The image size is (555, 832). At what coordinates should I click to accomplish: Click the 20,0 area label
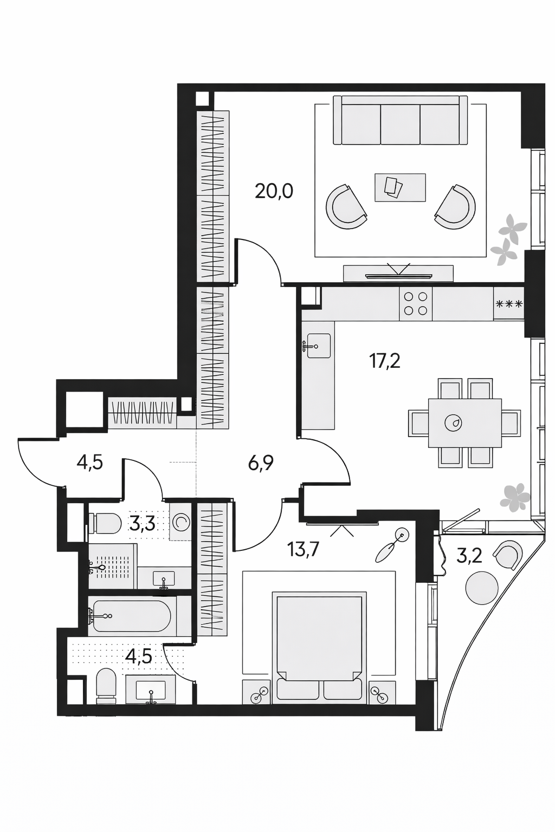pyautogui.click(x=274, y=192)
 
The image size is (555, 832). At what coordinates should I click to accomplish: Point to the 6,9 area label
pyautogui.click(x=261, y=463)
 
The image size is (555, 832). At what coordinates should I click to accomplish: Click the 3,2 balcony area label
pyautogui.click(x=469, y=556)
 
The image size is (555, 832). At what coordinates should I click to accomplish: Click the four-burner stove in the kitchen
pyautogui.click(x=416, y=303)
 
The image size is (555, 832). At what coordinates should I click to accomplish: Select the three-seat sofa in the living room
pyautogui.click(x=400, y=120)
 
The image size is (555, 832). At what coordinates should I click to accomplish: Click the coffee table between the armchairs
pyautogui.click(x=400, y=187)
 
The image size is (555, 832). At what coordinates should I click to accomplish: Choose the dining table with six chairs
pyautogui.click(x=464, y=423)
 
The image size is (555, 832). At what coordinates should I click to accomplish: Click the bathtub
pyautogui.click(x=132, y=616)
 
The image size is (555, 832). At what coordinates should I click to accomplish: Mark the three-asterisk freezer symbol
pyautogui.click(x=508, y=304)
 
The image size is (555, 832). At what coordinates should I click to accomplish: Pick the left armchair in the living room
pyautogui.click(x=346, y=207)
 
